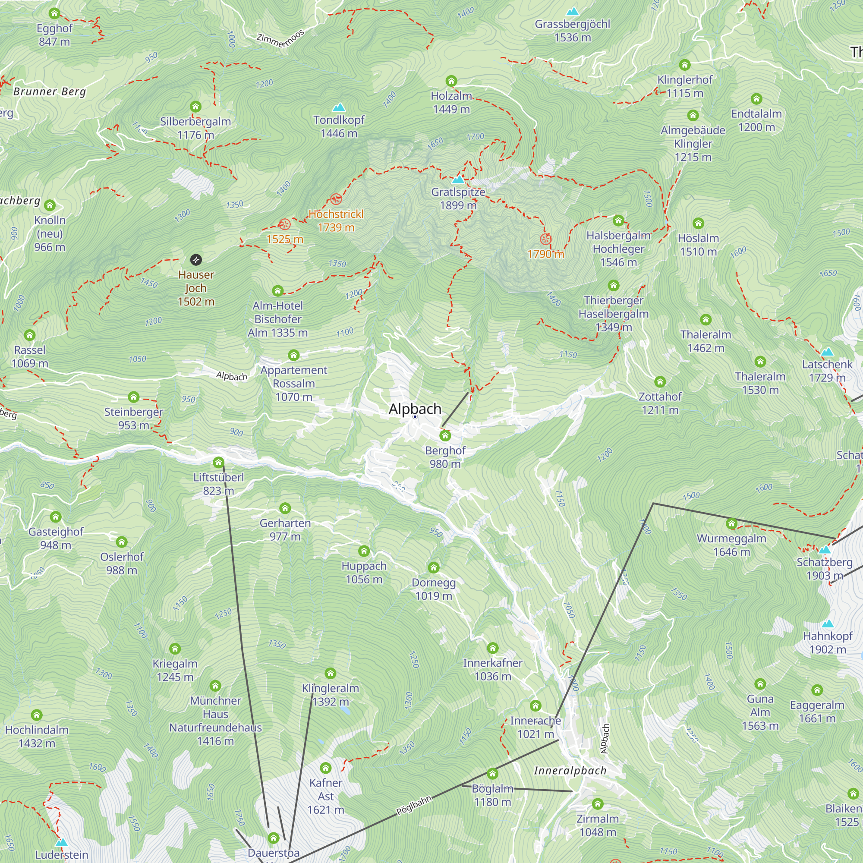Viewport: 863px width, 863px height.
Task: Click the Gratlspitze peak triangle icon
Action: (x=458, y=180)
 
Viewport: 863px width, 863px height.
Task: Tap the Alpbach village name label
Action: (x=415, y=409)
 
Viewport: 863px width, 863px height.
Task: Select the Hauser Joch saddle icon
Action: (x=195, y=259)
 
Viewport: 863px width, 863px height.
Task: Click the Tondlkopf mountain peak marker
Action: (x=339, y=107)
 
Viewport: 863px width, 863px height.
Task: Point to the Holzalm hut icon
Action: (x=451, y=81)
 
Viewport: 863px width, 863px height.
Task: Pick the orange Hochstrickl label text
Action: (x=336, y=214)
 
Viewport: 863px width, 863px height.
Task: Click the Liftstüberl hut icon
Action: (x=218, y=462)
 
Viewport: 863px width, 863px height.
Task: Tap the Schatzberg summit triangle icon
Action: (x=825, y=549)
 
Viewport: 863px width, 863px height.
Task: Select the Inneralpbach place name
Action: (x=570, y=771)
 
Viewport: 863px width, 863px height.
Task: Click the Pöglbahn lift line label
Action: (x=414, y=805)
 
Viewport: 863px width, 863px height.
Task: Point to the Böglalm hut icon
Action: (x=492, y=774)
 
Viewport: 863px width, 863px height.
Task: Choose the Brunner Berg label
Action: (x=50, y=91)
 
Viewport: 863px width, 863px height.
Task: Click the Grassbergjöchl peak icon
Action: (x=572, y=12)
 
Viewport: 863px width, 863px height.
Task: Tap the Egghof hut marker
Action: (x=54, y=13)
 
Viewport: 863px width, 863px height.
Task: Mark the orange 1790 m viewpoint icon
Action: (x=545, y=239)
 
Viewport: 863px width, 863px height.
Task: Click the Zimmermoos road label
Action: (x=280, y=38)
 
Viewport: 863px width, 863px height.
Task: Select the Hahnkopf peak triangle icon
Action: (x=828, y=624)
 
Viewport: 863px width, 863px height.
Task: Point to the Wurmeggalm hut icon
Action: (x=732, y=523)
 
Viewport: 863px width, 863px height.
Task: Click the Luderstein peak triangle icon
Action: (x=61, y=842)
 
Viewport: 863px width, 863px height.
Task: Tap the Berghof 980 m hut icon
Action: (x=445, y=435)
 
